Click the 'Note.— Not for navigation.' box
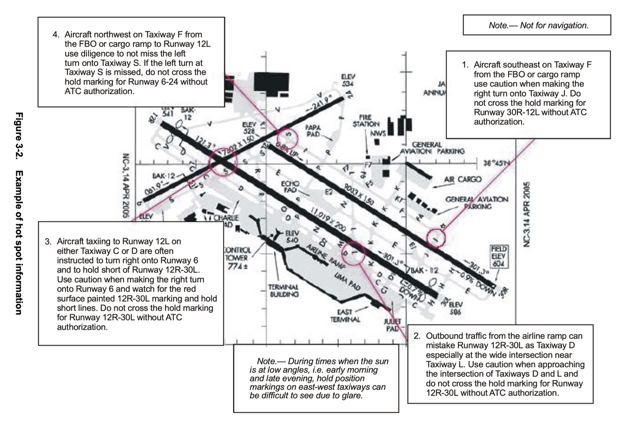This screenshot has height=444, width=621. pyautogui.click(x=537, y=25)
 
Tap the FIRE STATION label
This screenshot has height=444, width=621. pyautogui.click(x=366, y=121)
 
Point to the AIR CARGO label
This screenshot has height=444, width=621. pyautogui.click(x=462, y=179)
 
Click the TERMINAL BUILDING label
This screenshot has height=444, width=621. pyautogui.click(x=284, y=290)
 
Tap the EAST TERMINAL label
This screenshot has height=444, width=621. pyautogui.click(x=345, y=315)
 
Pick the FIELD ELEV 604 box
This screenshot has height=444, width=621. pyautogui.click(x=499, y=256)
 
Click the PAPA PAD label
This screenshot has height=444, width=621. pyautogui.click(x=313, y=131)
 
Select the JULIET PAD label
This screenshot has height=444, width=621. pyautogui.click(x=392, y=325)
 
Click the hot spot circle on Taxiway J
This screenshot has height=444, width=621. pyautogui.click(x=436, y=238)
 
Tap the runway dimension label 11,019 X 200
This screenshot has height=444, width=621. pyautogui.click(x=328, y=219)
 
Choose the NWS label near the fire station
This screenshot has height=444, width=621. pyautogui.click(x=378, y=133)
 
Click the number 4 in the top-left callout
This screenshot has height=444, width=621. pyautogui.click(x=56, y=34)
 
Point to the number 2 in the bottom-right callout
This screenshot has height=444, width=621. pyautogui.click(x=417, y=336)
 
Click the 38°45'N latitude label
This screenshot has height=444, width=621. pyautogui.click(x=497, y=163)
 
